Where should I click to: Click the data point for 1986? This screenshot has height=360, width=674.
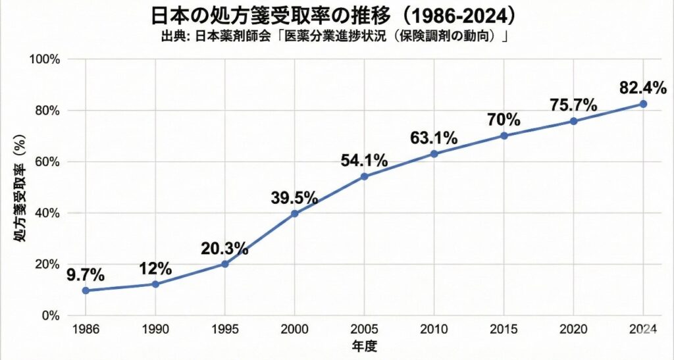86,290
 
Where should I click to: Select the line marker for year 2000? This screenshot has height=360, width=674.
294,213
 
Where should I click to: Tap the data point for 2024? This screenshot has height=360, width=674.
643,104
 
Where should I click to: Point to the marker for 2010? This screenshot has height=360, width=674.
434,154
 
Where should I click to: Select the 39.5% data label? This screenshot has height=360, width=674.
294,197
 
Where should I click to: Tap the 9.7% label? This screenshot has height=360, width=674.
86,274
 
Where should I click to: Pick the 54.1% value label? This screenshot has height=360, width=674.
364,161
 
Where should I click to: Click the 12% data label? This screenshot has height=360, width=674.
155,269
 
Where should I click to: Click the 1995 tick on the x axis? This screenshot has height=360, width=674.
224,330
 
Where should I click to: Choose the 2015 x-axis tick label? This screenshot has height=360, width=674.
504,330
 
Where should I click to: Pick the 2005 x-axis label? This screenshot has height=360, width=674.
364,330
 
